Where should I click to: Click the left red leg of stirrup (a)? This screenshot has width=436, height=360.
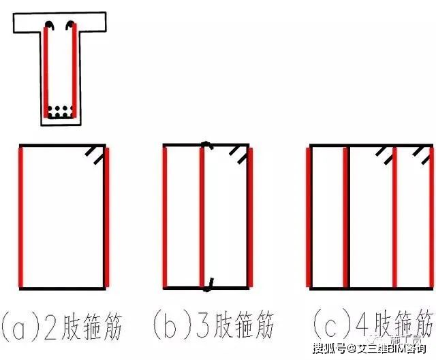pos(22,216)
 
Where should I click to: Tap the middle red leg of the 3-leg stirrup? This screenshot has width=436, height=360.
pos(202,216)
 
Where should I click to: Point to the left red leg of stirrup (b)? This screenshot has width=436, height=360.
pos(165,216)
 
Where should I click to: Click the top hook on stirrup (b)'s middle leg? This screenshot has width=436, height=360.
pos(205,145)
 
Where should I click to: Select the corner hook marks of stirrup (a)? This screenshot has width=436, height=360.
pos(95,156)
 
